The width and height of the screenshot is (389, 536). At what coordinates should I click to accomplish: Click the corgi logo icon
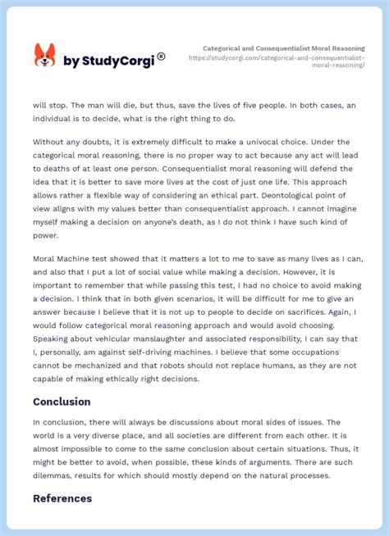(44, 56)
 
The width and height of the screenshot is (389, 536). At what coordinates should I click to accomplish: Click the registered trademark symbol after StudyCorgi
(161, 56)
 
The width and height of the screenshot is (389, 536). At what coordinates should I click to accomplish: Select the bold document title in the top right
(284, 48)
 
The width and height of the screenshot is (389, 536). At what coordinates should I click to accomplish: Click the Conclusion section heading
(62, 402)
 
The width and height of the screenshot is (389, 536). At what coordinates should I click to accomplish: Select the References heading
(62, 497)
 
